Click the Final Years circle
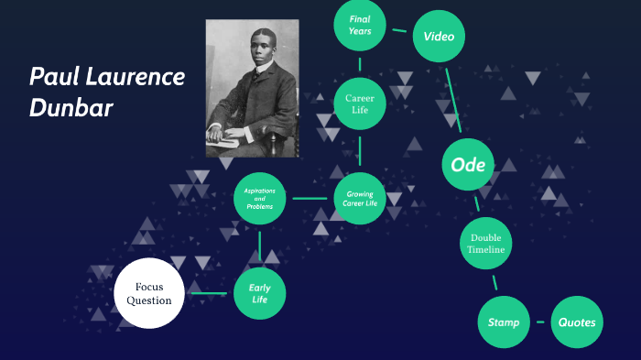pyautogui.click(x=360, y=26)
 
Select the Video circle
pyautogui.click(x=440, y=37)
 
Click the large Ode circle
pyautogui.click(x=469, y=165)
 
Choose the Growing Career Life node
pyautogui.click(x=359, y=198)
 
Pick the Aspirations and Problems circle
pyautogui.click(x=260, y=198)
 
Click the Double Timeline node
pyautogui.click(x=484, y=243)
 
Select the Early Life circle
pyautogui.click(x=260, y=293)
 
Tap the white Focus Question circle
pyautogui.click(x=149, y=293)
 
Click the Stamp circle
pyautogui.click(x=504, y=322)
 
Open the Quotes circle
pyautogui.click(x=577, y=322)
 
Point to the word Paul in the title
pyautogui.click(x=53, y=77)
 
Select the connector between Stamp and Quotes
pyautogui.click(x=540, y=322)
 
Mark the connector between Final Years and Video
pyautogui.click(x=399, y=30)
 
